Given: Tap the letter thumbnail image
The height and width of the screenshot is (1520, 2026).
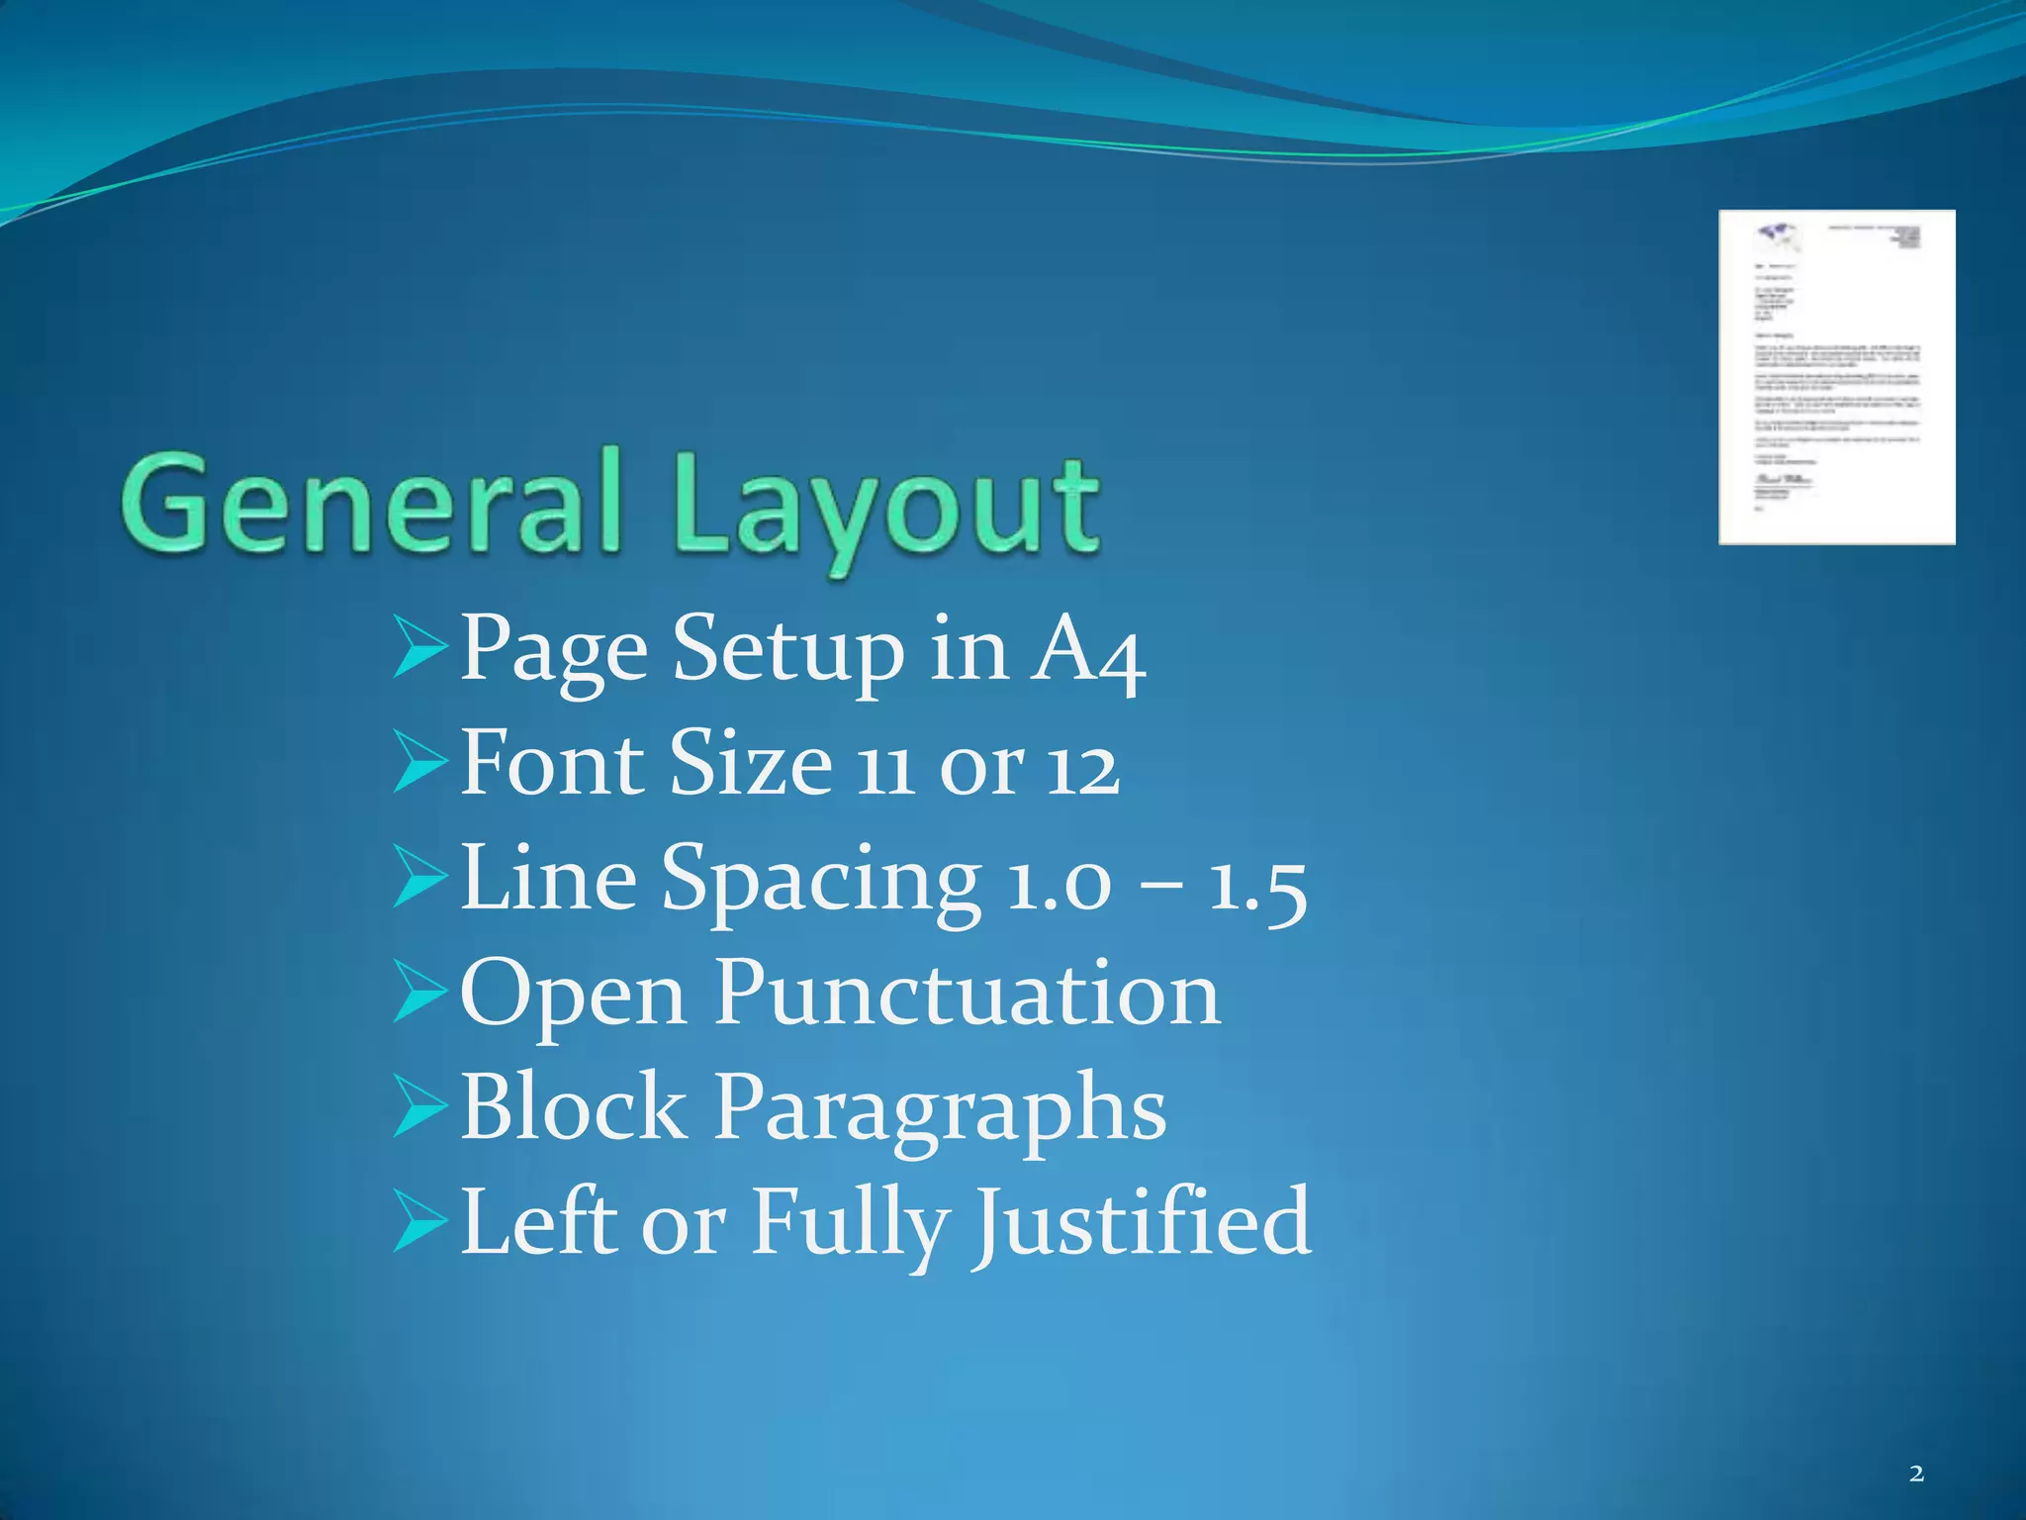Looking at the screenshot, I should (1836, 377).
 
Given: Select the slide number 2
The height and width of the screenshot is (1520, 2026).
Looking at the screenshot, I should (1916, 1474).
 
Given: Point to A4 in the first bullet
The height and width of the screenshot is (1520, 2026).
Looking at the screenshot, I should (1087, 651).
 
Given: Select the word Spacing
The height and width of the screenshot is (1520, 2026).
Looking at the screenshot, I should (821, 881).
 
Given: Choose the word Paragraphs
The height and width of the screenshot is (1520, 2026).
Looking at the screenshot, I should (941, 1110).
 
